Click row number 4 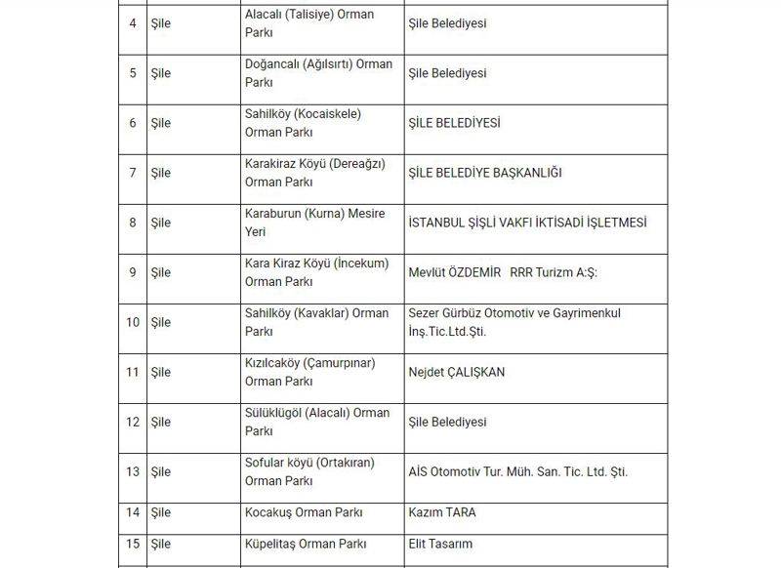tap(133, 23)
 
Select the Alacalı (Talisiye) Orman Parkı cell tap(309, 23)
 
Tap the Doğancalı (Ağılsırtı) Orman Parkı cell tap(318, 73)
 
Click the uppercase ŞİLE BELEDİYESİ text tap(454, 123)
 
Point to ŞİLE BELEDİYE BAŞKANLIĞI tap(485, 173)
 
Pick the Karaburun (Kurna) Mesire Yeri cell tap(314, 223)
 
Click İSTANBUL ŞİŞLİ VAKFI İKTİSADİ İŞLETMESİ tap(527, 223)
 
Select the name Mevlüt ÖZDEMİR tap(454, 272)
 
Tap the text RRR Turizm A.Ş tap(553, 272)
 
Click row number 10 tap(133, 322)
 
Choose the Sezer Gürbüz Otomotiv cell tap(514, 322)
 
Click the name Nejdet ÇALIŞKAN tap(457, 372)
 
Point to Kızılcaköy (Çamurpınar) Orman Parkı tap(309, 372)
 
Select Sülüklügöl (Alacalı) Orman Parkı tap(316, 422)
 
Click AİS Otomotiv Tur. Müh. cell tap(517, 471)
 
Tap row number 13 tap(133, 471)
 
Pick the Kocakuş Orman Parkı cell tap(304, 512)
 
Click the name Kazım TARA tap(442, 512)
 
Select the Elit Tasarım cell tap(440, 544)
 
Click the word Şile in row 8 tap(160, 223)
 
